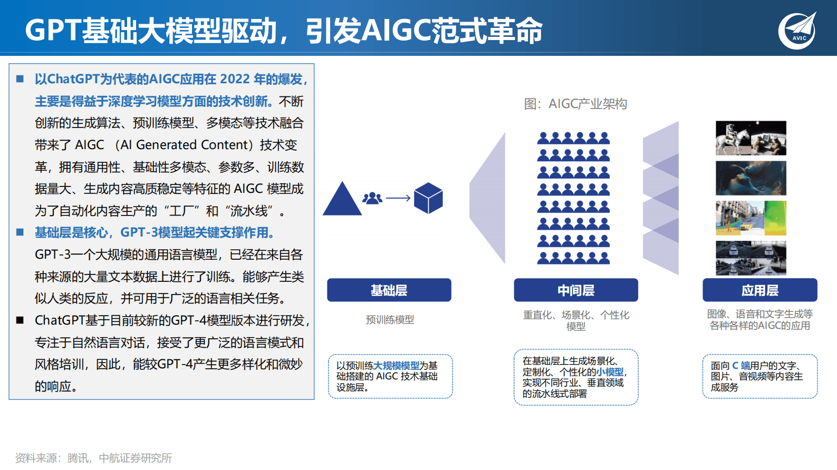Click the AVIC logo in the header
pos(797,31)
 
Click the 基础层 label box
pos(389,290)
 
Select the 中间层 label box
pos(575,290)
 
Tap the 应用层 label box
pos(759,290)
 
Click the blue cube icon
pos(428,198)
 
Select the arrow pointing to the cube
pos(398,198)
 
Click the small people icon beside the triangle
pos(372,198)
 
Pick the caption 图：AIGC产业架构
pos(575,104)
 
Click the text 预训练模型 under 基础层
pos(390,320)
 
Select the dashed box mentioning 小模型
pos(575,377)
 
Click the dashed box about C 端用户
pos(759,376)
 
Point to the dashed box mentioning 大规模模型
pos(390,376)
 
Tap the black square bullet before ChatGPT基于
pos(20,320)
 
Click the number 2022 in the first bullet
pos(235,79)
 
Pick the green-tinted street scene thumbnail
pos(751,218)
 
